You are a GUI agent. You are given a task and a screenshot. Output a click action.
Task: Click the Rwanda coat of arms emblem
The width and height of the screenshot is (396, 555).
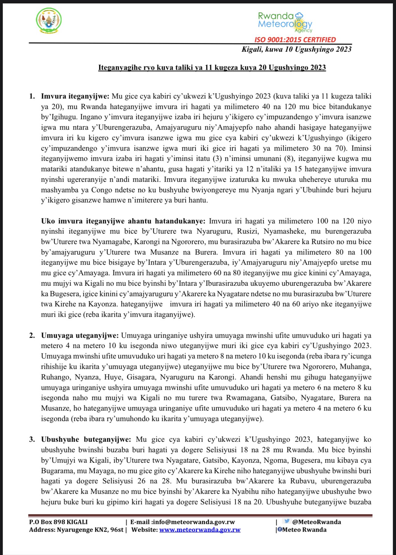point(49,21)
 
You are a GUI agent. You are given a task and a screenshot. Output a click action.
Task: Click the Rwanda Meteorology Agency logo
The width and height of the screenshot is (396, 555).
point(285,22)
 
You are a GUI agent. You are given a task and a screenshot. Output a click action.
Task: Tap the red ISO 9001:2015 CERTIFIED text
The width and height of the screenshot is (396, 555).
point(295,40)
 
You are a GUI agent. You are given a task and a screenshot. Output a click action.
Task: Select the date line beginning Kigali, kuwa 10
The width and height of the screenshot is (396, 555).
point(296,49)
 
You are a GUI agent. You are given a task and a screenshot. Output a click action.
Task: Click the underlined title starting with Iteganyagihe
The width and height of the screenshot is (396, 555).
point(212,68)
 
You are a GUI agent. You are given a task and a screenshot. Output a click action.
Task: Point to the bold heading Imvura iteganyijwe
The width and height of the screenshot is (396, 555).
point(75,96)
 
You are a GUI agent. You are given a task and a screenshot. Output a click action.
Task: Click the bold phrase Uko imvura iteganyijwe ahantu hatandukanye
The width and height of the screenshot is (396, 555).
point(123,221)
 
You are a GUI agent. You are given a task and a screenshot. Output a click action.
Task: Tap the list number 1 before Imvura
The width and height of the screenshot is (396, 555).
point(32,96)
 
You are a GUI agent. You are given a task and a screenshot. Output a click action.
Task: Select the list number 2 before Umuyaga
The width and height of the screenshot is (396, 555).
point(32,335)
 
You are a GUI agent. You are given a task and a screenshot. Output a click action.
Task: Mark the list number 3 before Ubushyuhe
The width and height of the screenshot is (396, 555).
point(32,439)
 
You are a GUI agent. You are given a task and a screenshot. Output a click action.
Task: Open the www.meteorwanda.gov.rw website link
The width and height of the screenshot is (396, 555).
point(200,530)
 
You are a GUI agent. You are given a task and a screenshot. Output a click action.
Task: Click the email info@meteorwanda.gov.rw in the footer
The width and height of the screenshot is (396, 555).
point(194,522)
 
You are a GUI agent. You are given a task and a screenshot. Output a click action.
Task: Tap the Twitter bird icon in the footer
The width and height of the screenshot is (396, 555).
point(287,521)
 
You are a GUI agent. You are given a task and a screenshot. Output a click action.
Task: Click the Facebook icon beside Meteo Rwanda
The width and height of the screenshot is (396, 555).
point(280,529)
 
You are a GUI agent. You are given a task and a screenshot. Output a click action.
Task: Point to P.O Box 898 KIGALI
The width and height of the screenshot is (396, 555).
point(58,522)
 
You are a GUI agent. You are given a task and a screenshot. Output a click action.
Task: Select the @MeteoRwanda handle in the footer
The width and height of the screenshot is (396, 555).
point(316,522)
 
